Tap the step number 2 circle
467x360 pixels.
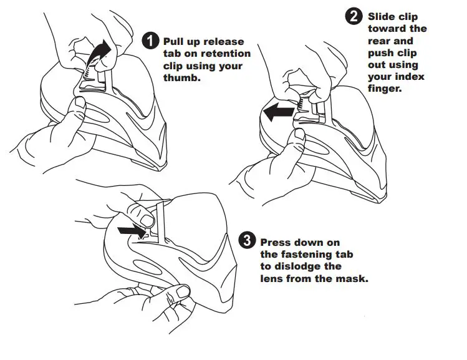(x=355, y=17)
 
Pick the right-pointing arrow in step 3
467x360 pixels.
(x=129, y=230)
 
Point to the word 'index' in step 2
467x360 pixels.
(x=412, y=77)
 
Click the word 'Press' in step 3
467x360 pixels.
(x=276, y=242)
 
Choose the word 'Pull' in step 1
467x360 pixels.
(x=174, y=41)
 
